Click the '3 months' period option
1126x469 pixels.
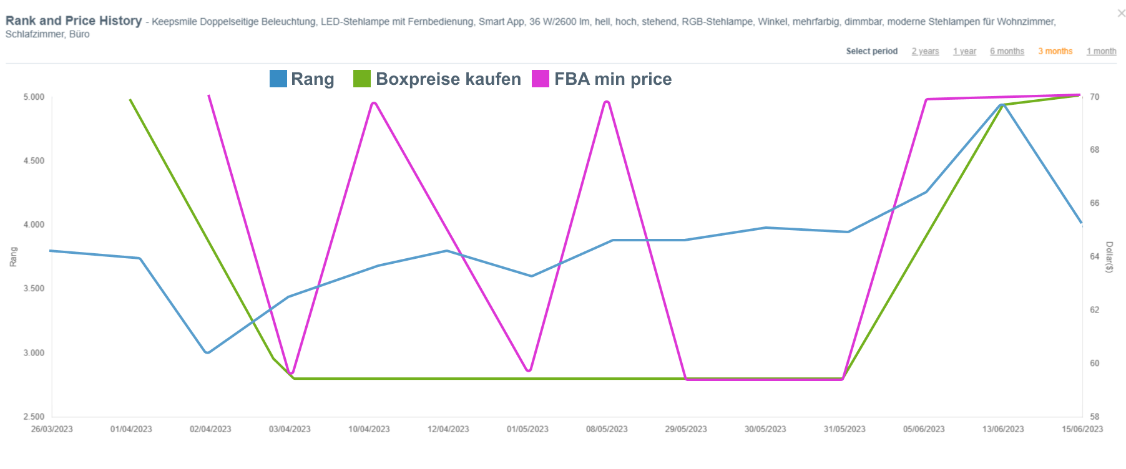click(x=1055, y=51)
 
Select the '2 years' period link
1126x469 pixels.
click(x=925, y=51)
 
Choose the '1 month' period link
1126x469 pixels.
click(x=1101, y=51)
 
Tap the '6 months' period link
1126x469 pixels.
click(x=1007, y=51)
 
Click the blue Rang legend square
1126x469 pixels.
click(x=278, y=79)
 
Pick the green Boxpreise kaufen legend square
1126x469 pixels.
click(x=361, y=79)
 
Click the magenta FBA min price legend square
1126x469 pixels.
click(x=540, y=79)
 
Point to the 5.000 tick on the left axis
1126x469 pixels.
click(x=34, y=97)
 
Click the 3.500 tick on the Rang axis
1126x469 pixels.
click(x=34, y=289)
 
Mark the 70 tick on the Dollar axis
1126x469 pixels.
click(x=1095, y=97)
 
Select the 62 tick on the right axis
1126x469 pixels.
click(x=1095, y=310)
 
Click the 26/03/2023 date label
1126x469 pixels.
click(x=52, y=429)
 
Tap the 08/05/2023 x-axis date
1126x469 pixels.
click(x=607, y=429)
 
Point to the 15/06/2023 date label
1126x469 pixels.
click(x=1082, y=429)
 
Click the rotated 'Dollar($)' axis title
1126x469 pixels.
click(x=1109, y=257)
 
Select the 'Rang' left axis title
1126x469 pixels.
click(x=13, y=257)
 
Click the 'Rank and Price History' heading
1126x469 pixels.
click(x=74, y=21)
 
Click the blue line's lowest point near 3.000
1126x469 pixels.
click(x=207, y=352)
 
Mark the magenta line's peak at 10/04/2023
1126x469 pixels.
click(x=373, y=103)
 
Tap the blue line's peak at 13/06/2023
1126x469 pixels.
click(x=1002, y=104)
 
